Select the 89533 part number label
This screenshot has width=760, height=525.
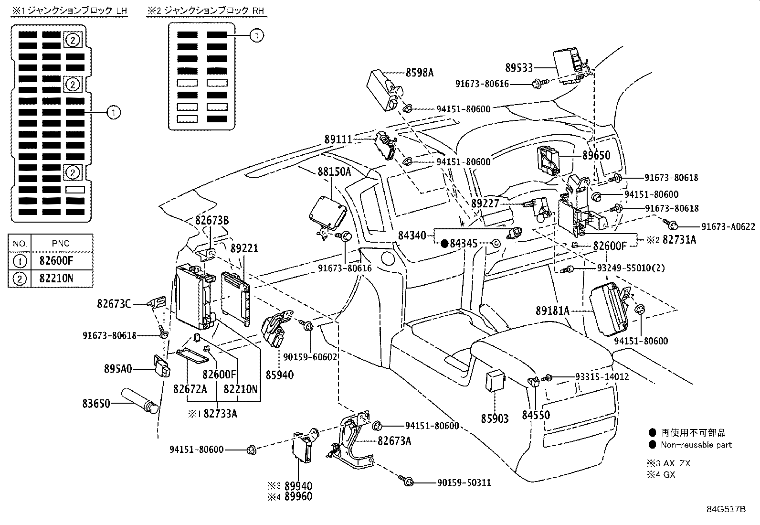pos(519,68)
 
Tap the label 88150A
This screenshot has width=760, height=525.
pos(334,171)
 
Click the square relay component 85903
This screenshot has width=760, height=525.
pos(495,380)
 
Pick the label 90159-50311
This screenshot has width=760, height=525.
pos(464,483)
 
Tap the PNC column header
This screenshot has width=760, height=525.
pos(61,243)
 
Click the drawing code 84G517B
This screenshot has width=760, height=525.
pos(726,509)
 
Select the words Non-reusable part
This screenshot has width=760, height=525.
pos(696,445)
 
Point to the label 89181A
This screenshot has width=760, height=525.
pos(552,311)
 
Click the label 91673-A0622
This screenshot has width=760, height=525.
pos(728,226)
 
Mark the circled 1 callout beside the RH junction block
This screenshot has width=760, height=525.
pos(257,35)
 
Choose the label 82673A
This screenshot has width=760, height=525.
pos(394,441)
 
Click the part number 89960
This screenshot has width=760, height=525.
pos(298,497)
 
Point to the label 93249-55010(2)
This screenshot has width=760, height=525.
pos(630,268)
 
